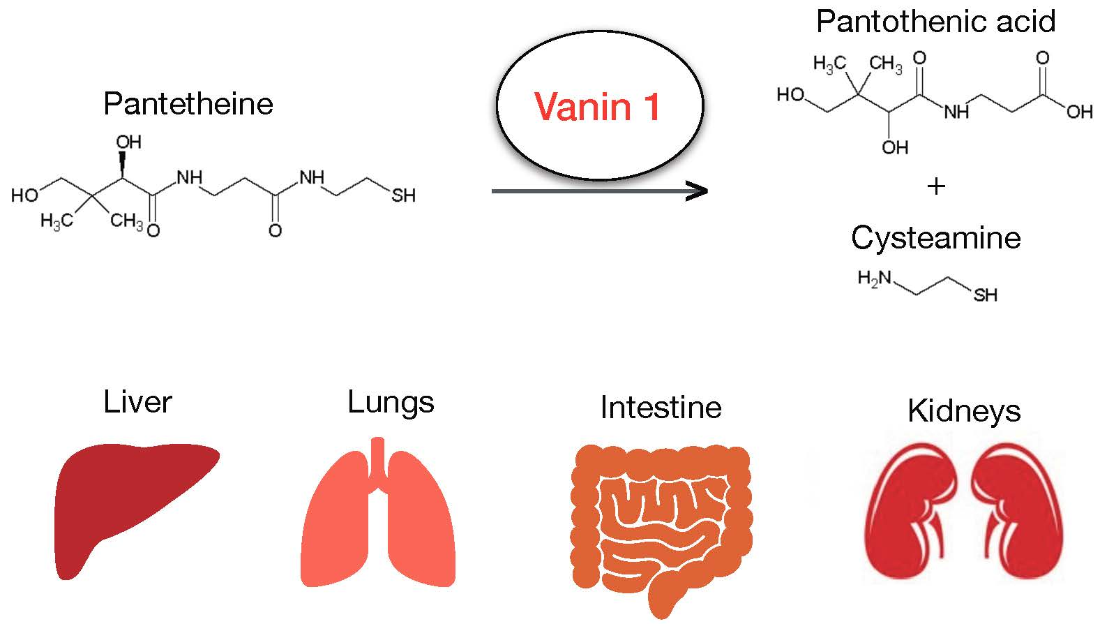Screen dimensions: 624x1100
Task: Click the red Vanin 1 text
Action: click(597, 107)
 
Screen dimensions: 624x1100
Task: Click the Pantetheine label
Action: click(188, 104)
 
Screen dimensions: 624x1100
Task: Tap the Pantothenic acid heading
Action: click(935, 22)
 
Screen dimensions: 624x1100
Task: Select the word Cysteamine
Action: click(935, 238)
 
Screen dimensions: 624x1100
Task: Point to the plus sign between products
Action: click(936, 186)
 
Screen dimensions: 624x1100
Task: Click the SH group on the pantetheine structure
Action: click(403, 196)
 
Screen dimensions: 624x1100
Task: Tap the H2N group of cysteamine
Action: click(874, 278)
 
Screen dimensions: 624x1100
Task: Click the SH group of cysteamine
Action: click(985, 295)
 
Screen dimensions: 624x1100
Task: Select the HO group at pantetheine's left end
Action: click(24, 195)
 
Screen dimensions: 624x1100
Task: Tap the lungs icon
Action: click(377, 517)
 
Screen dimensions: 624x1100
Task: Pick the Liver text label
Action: click(137, 403)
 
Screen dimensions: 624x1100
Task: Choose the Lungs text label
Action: click(391, 403)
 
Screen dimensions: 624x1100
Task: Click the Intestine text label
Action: click(660, 408)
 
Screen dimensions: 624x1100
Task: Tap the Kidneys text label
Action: click(963, 410)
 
